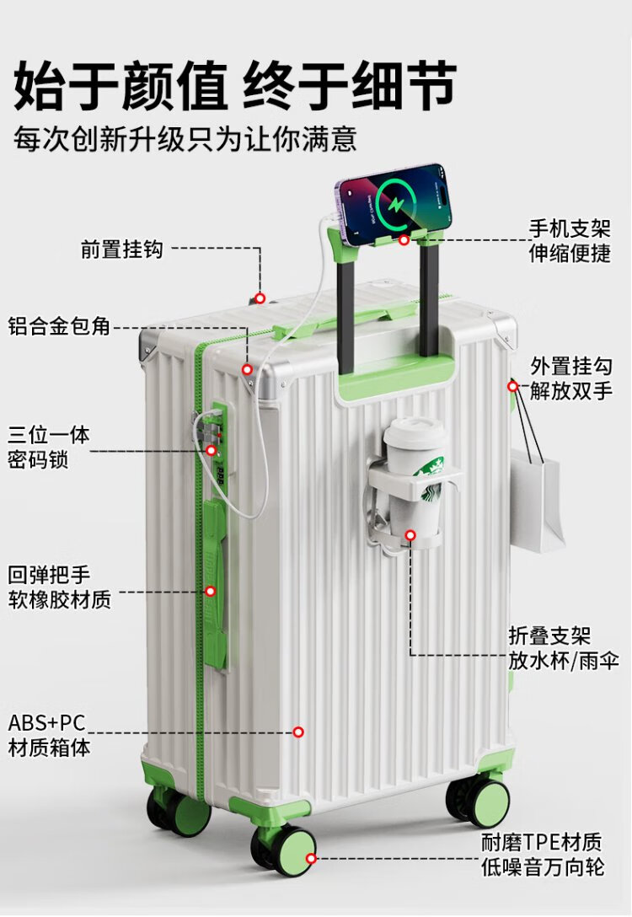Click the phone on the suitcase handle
pos(392,203)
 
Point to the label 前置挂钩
pos(121,249)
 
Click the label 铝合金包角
pos(60,326)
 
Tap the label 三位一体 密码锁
pos(49,448)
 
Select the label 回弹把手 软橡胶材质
pos(60,587)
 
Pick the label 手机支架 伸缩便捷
pos(570,240)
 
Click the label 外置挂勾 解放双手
pos(571,378)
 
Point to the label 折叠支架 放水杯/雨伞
pos(564,647)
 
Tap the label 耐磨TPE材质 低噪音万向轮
pos(542,854)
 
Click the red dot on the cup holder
pos(410,534)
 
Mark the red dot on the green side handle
pos(211,591)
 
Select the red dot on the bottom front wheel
pos(311,859)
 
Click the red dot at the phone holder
pos(404,240)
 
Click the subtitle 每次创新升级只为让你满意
pos(185,138)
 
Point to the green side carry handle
pos(214,582)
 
